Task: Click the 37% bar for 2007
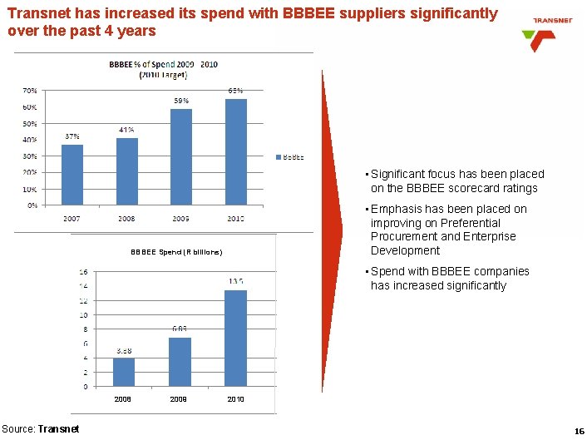pyautogui.click(x=72, y=174)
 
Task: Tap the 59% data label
pyautogui.click(x=180, y=101)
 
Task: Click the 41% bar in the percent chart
pyautogui.click(x=126, y=171)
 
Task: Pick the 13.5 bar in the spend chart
pyautogui.click(x=235, y=338)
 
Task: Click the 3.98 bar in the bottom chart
pyautogui.click(x=123, y=372)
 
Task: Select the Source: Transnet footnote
pyautogui.click(x=41, y=428)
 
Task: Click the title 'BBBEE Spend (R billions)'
pyautogui.click(x=176, y=251)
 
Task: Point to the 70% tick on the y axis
pyautogui.click(x=28, y=90)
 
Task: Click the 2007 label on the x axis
pyautogui.click(x=72, y=219)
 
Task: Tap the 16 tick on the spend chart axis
pyautogui.click(x=83, y=272)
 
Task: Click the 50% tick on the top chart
pyautogui.click(x=28, y=123)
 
